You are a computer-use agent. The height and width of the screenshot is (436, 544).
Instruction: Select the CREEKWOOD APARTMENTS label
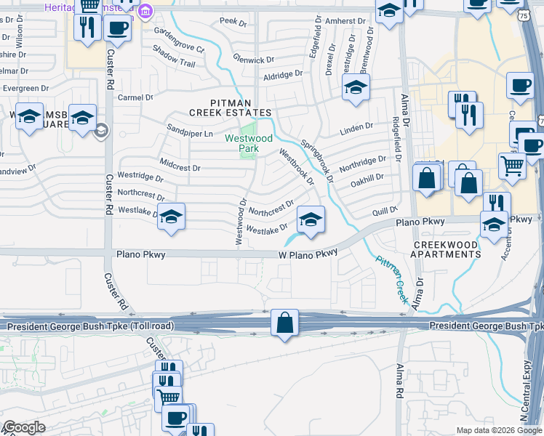[x=446, y=250]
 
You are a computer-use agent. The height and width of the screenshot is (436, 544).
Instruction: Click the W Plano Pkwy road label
[x=309, y=254]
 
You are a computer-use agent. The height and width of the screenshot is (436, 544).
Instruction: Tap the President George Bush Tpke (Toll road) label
[x=91, y=327]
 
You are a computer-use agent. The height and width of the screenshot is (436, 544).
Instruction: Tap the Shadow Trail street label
[x=173, y=57]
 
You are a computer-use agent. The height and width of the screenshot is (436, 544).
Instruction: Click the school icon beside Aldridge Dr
[x=354, y=88]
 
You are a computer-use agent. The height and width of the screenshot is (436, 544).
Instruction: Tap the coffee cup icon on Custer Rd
[x=117, y=28]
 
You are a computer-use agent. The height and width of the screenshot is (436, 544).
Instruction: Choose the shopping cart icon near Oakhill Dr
[x=512, y=166]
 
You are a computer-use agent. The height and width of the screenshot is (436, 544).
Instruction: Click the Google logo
[x=24, y=427]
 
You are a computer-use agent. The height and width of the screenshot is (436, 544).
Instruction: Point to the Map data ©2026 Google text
[x=498, y=430]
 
